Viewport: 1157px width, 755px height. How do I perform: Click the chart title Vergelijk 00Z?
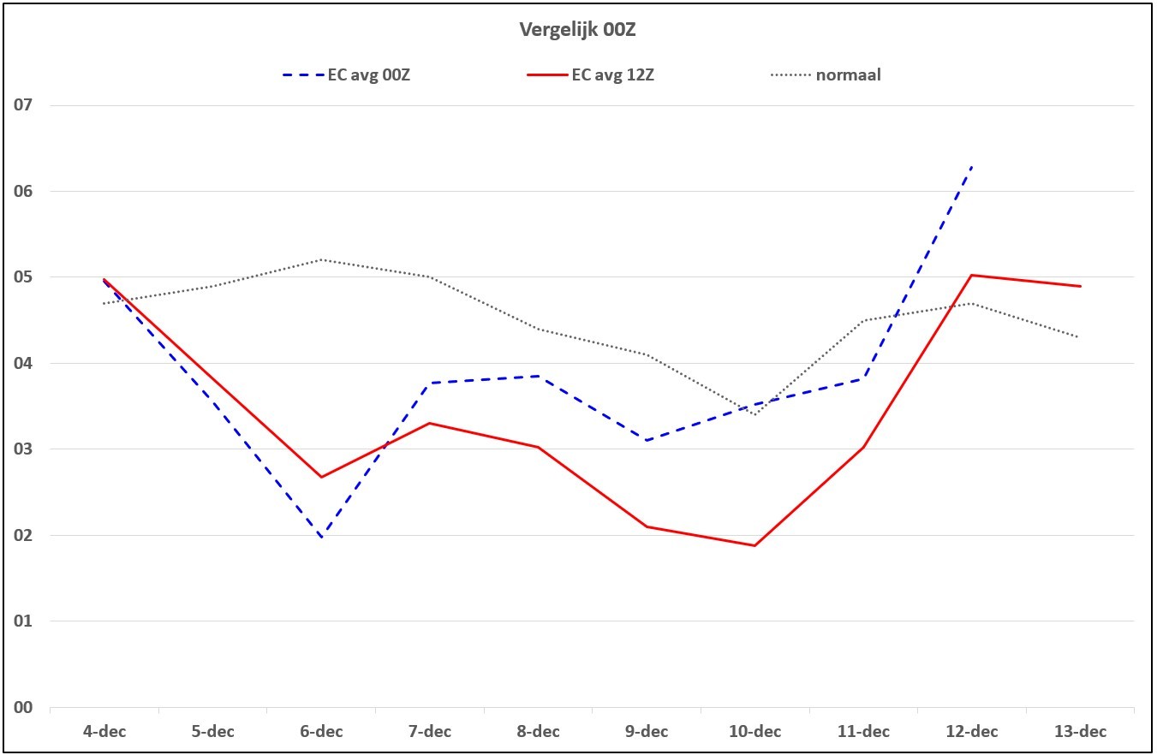click(577, 30)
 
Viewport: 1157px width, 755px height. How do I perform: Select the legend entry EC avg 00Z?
click(346, 75)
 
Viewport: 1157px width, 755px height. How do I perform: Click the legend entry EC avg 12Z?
click(590, 75)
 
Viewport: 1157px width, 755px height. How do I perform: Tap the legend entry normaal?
click(826, 74)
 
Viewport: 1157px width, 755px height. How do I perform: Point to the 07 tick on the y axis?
click(23, 105)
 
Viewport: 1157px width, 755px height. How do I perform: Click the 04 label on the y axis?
click(23, 363)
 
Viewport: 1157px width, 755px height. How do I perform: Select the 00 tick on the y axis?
click(23, 707)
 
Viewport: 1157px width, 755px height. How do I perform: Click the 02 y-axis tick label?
click(23, 535)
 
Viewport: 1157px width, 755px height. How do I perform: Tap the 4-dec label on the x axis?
click(104, 732)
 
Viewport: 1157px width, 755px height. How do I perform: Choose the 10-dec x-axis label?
click(755, 732)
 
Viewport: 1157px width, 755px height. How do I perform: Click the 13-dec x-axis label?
click(1081, 732)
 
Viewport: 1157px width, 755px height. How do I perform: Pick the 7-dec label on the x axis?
click(430, 732)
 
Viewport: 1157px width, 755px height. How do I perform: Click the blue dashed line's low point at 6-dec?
click(321, 538)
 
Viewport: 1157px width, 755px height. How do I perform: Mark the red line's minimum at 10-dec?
click(755, 545)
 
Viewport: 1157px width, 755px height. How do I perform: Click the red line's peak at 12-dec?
click(971, 276)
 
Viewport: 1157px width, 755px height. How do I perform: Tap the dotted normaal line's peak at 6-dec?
click(321, 259)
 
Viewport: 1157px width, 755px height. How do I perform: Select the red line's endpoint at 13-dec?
click(1081, 286)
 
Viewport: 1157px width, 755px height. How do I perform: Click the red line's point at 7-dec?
click(430, 424)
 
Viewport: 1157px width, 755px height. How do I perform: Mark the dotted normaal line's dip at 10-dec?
click(755, 414)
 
